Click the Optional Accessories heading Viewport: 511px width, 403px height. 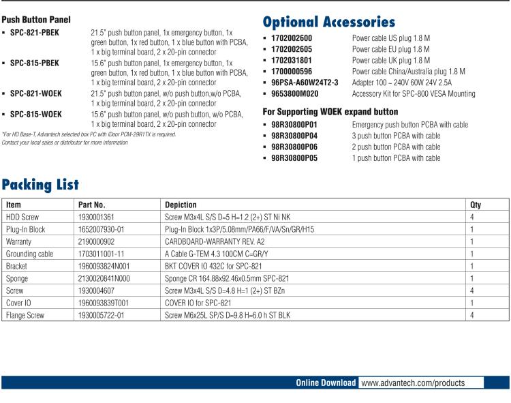pos(328,22)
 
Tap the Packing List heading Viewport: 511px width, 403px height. pos(40,184)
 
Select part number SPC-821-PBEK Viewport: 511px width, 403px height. pos(35,32)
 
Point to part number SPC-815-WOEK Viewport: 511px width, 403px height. pos(35,115)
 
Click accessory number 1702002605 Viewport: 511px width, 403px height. pos(292,49)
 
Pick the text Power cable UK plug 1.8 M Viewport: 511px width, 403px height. pos(390,60)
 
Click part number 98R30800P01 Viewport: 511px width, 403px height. pos(294,125)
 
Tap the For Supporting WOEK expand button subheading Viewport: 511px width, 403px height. pos(330,111)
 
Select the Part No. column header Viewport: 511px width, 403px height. pos(92,205)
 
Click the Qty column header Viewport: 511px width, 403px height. pos(476,205)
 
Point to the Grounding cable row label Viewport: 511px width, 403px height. pos(29,253)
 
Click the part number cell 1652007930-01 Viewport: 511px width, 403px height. pos(102,229)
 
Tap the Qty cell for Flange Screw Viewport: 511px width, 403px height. pos(472,315)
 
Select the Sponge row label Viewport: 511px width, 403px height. pos(17,278)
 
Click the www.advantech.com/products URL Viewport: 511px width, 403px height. pos(412,383)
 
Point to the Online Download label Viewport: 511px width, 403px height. pos(325,383)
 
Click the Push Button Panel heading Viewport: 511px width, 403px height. pos(36,20)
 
